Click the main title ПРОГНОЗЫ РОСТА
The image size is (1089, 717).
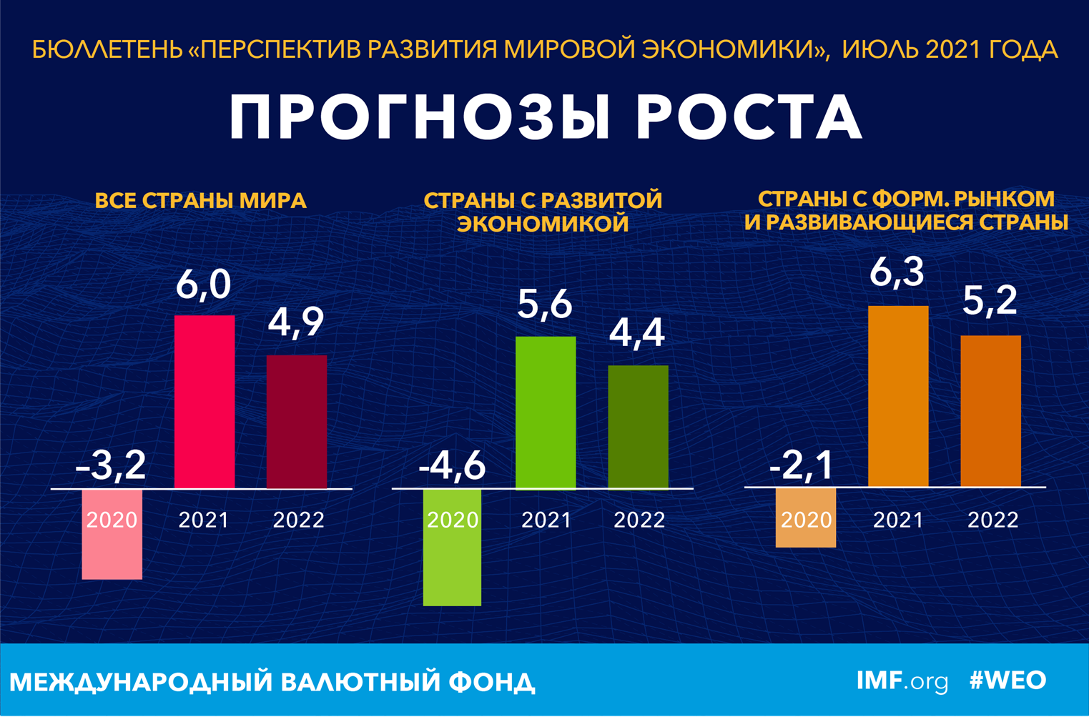click(x=545, y=117)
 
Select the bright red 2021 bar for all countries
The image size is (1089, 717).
click(x=205, y=402)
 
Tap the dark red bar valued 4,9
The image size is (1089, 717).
click(x=297, y=422)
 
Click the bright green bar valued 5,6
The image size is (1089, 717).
click(x=546, y=412)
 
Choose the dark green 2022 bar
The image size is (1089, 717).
click(x=638, y=427)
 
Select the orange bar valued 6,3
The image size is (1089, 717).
click(x=898, y=396)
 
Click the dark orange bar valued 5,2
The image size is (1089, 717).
click(x=990, y=411)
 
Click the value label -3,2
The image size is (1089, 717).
click(x=111, y=465)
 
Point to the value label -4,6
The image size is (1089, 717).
click(x=452, y=465)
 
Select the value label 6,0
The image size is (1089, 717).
click(x=204, y=285)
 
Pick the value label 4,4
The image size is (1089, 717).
click(x=637, y=333)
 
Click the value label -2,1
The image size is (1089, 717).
click(x=802, y=465)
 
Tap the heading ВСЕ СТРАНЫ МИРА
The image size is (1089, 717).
click(x=201, y=201)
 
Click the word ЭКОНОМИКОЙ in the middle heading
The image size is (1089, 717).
click(x=543, y=224)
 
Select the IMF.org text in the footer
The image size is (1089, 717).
click(x=902, y=681)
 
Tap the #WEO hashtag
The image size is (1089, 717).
click(x=1007, y=681)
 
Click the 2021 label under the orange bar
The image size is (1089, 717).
click(x=898, y=520)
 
